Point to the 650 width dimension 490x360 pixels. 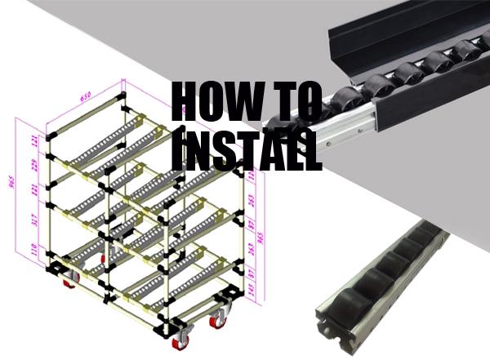(82, 97)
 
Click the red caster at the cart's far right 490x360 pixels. (219, 318)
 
